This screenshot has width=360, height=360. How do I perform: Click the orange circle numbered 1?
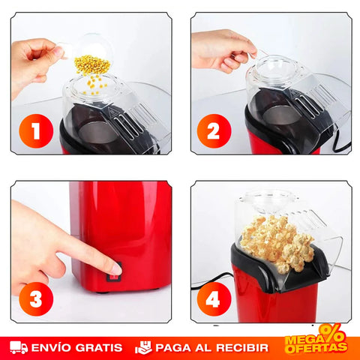click(x=36, y=131)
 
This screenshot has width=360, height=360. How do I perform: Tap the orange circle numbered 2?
click(x=214, y=131)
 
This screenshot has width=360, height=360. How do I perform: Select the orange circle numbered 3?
click(x=36, y=299)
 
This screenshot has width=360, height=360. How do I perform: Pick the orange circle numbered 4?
click(x=214, y=299)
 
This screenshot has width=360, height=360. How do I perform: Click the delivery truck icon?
click(x=19, y=347)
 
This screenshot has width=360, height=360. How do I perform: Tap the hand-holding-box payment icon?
click(x=143, y=347)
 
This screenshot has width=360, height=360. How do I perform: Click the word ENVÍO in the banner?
click(x=52, y=347)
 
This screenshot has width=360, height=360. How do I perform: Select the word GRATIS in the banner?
click(x=99, y=348)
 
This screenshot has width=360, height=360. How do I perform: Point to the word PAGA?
click(x=173, y=348)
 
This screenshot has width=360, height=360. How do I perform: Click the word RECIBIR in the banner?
click(x=242, y=348)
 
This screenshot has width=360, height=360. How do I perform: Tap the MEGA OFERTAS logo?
click(x=316, y=340)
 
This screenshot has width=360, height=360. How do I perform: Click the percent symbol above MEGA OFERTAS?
click(x=332, y=333)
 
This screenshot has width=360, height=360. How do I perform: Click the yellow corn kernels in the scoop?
click(x=92, y=64)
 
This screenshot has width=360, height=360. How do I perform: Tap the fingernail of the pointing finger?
click(x=116, y=268)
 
